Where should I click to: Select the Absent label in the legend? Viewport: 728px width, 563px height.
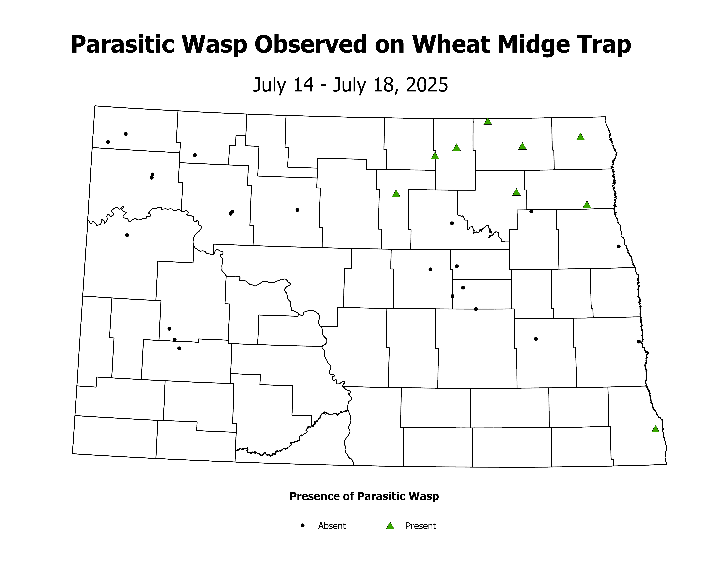[x=332, y=526]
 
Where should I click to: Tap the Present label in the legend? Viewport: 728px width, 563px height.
[x=421, y=526]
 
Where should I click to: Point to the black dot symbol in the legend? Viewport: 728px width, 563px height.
[x=303, y=525]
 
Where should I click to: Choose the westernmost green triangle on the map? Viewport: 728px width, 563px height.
[x=396, y=193]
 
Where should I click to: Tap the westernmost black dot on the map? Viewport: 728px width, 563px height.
[x=108, y=142]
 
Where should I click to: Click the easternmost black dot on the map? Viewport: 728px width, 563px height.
[x=639, y=342]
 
